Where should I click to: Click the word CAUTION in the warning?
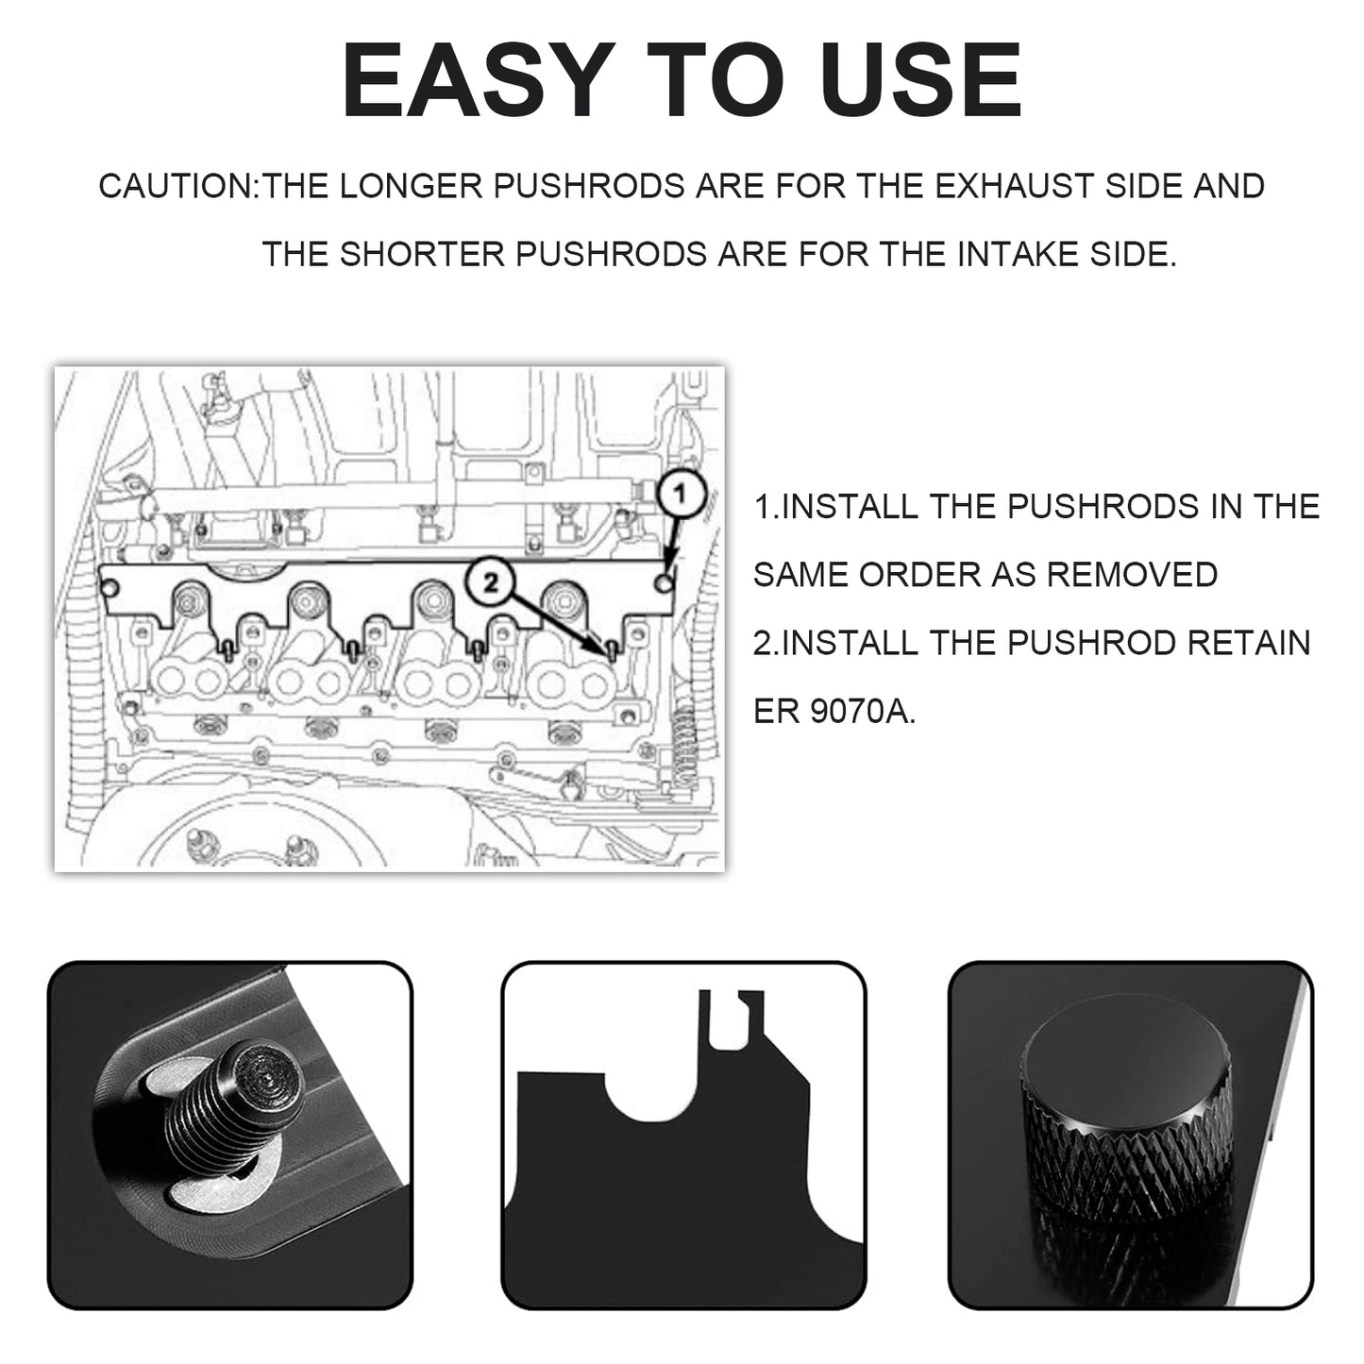click(x=176, y=187)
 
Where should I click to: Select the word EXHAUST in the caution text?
click(x=1015, y=187)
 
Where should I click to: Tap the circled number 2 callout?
click(x=490, y=582)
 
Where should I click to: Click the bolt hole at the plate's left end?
click(x=110, y=589)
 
